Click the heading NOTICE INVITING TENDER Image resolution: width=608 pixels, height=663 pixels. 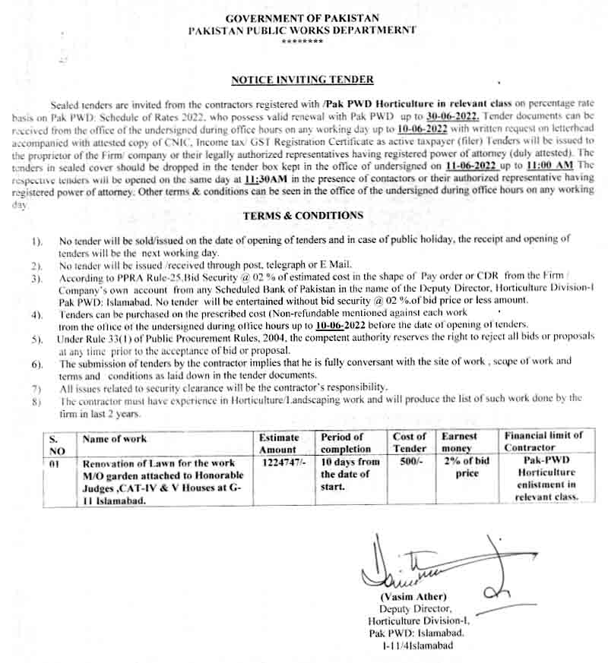pyautogui.click(x=302, y=79)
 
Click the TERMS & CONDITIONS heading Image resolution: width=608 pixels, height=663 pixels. pyautogui.click(x=302, y=216)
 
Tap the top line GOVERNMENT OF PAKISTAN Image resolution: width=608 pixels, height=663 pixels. pyautogui.click(x=302, y=17)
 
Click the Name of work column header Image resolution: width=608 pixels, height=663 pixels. pyautogui.click(x=114, y=439)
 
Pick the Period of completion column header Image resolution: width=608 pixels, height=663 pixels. pyautogui.click(x=346, y=443)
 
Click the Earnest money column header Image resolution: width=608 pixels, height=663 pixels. pyautogui.click(x=461, y=443)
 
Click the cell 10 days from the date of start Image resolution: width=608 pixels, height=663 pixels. pyautogui.click(x=349, y=473)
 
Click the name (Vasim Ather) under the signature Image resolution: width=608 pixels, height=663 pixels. pyautogui.click(x=413, y=597)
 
